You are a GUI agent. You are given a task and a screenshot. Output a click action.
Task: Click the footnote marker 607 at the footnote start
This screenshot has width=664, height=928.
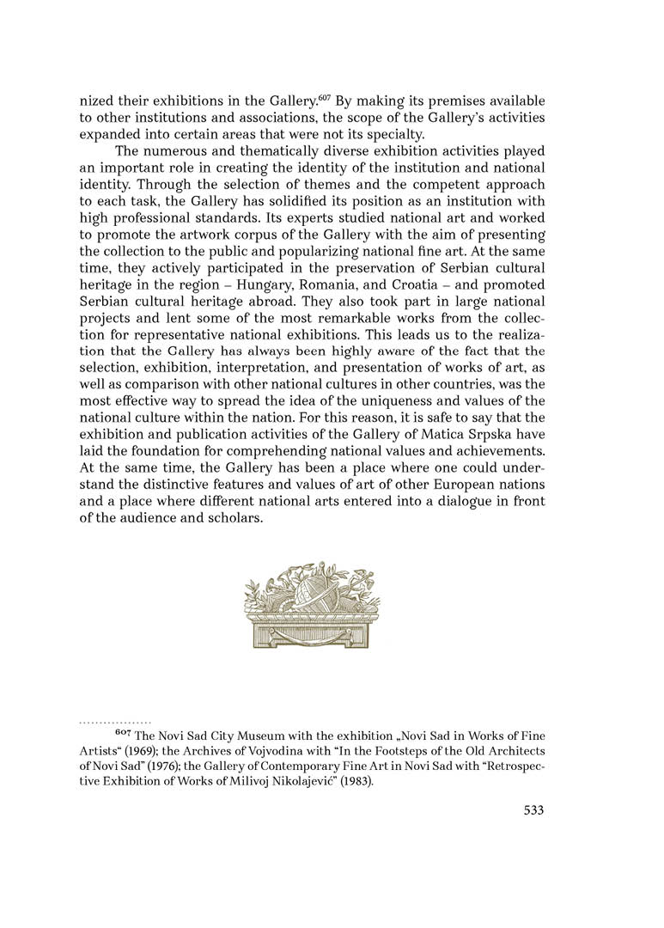tap(122, 734)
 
